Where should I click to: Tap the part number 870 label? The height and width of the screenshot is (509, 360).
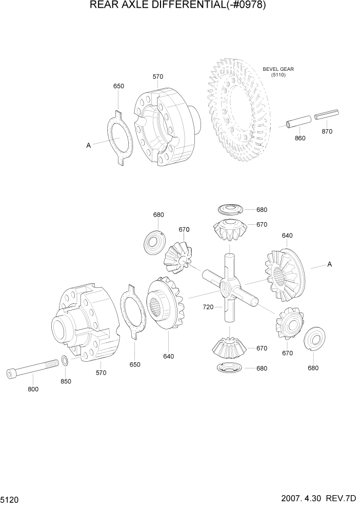tap(327, 131)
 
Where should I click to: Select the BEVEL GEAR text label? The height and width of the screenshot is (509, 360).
tap(278, 69)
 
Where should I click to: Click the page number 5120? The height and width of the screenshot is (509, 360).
tap(12, 499)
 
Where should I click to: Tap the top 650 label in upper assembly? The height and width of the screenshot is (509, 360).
tap(118, 86)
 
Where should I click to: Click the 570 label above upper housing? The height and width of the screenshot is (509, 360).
tap(158, 76)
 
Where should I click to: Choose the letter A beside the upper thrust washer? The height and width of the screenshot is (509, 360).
tap(88, 146)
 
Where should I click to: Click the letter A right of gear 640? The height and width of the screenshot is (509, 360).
tap(329, 264)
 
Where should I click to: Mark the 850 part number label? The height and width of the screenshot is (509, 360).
tap(66, 381)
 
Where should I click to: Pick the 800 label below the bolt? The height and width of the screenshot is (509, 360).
tap(33, 389)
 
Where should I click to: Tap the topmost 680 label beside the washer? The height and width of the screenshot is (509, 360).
tap(262, 209)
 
